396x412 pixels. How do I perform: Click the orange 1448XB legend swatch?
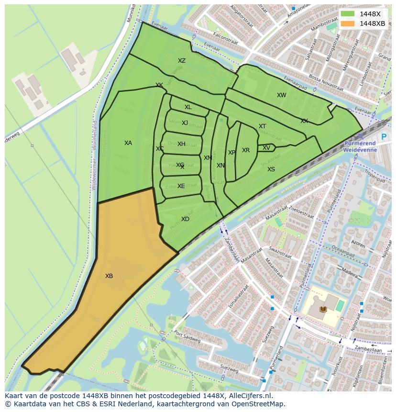tap(347, 23)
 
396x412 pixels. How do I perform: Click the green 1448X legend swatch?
tap(347, 14)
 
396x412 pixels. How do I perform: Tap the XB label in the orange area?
tap(109, 276)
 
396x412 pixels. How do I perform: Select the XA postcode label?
tap(128, 143)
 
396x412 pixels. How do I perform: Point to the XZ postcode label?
tap(182, 61)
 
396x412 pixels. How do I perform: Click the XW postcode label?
tap(282, 95)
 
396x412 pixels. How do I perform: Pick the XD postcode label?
tap(185, 219)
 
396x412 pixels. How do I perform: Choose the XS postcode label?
tap(271, 169)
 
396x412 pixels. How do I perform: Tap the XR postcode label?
tap(246, 150)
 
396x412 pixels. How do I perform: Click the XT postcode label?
tap(262, 126)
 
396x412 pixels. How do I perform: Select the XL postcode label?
tap(188, 107)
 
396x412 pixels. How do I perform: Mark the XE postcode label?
tap(181, 186)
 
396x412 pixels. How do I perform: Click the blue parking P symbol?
tap(384, 137)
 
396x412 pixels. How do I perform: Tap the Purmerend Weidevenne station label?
tap(360, 146)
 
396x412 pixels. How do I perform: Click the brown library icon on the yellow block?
tap(323, 310)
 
